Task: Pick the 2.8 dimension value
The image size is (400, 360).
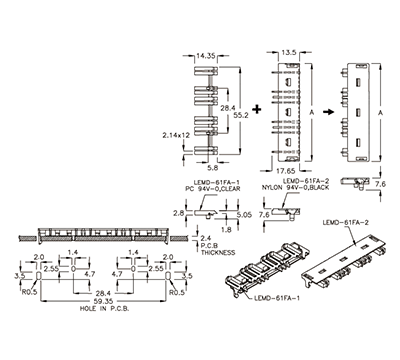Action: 177,214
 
